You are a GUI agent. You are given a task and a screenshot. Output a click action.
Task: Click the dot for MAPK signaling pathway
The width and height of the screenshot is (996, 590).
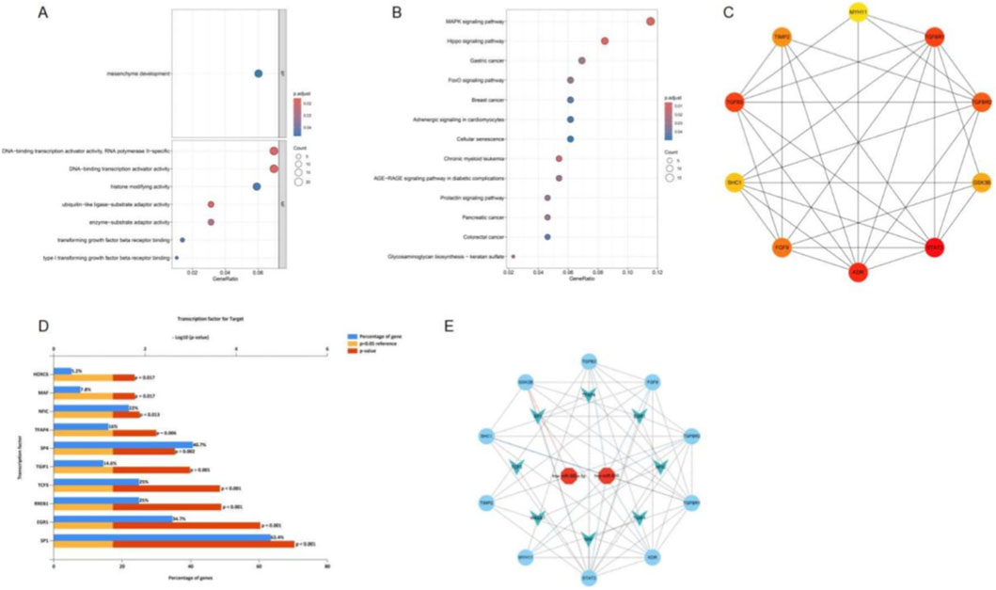(650, 21)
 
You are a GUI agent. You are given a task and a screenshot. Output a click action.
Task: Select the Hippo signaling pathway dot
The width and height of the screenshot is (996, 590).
(605, 40)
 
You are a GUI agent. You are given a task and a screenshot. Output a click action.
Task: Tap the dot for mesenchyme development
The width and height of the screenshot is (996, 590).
(258, 73)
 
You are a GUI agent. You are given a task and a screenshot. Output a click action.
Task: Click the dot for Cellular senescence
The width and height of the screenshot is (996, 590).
(570, 138)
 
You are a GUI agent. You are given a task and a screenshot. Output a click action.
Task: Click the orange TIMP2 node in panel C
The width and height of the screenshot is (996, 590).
(782, 37)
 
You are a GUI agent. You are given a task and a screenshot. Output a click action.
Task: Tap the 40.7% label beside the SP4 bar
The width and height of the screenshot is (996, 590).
(199, 444)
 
